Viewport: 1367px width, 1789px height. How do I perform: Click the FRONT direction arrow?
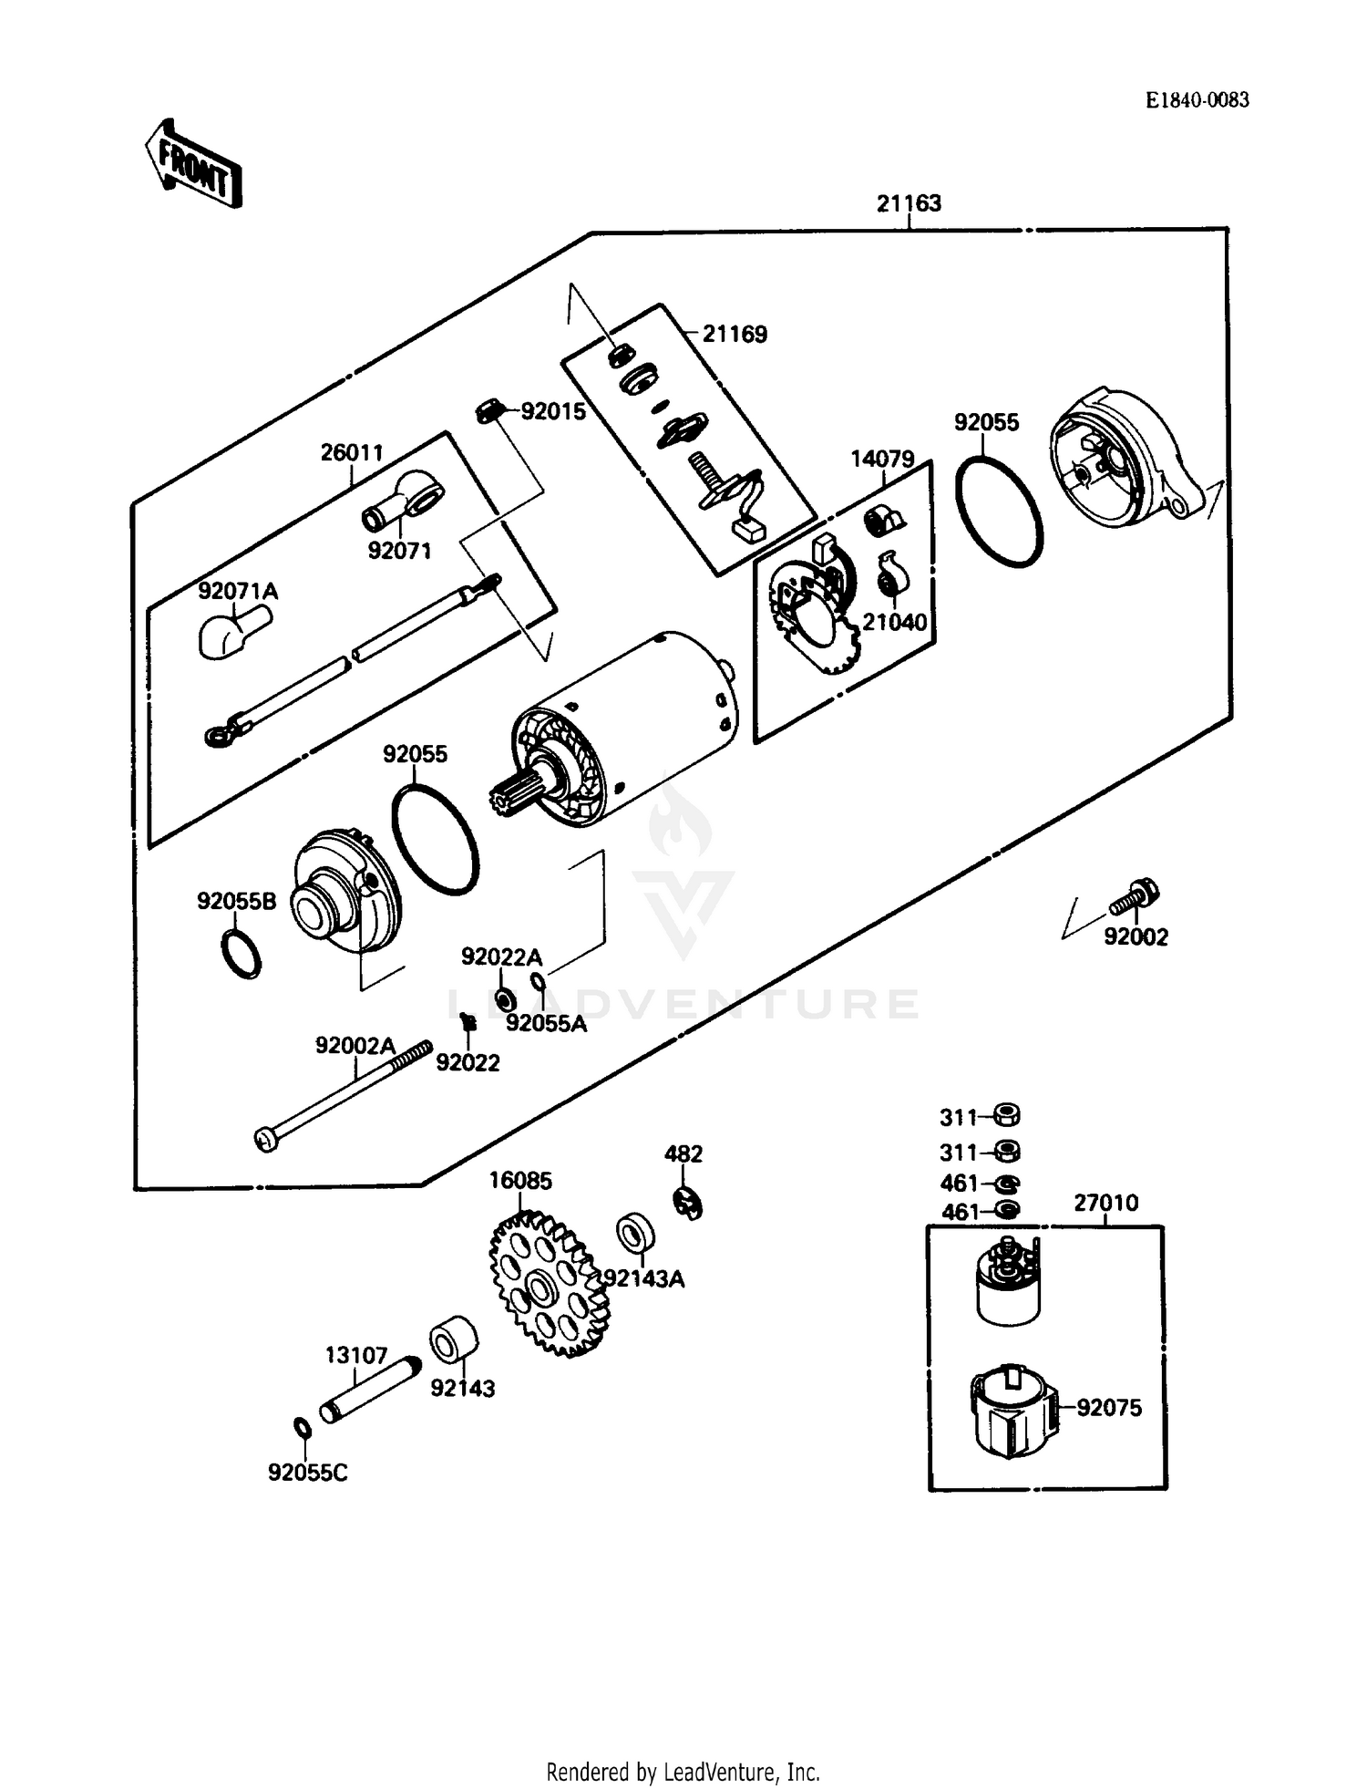click(193, 165)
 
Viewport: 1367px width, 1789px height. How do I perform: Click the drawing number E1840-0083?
click(1197, 100)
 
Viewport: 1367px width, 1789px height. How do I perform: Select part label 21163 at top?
click(909, 202)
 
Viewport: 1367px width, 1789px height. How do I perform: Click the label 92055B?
click(236, 901)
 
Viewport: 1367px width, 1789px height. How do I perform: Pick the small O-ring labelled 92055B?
click(242, 954)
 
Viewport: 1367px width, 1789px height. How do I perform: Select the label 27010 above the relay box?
click(1105, 1203)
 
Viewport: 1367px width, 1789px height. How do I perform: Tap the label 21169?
click(735, 334)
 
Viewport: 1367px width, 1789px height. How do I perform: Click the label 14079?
click(882, 458)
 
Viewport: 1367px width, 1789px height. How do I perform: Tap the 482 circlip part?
click(688, 1203)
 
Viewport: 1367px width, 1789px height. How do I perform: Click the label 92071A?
click(238, 591)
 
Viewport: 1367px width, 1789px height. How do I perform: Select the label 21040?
click(894, 622)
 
